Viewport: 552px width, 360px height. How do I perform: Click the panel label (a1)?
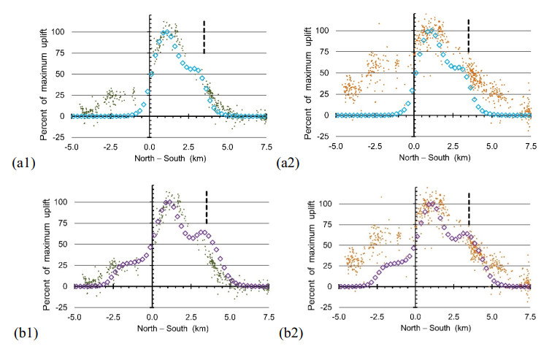coord(18,159)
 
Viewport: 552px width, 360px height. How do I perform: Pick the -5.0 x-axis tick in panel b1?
coord(74,317)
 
